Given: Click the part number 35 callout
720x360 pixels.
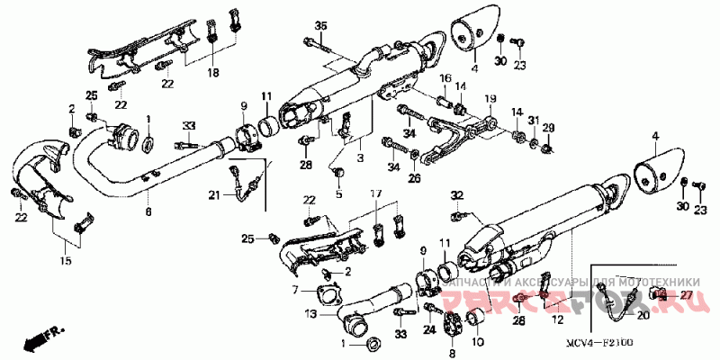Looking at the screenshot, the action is pyautogui.click(x=321, y=23).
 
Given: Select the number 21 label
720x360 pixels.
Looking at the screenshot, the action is pyautogui.click(x=214, y=195).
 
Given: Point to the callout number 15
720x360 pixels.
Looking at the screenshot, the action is pyautogui.click(x=66, y=261).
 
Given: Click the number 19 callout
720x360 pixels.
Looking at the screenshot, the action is pyautogui.click(x=491, y=98).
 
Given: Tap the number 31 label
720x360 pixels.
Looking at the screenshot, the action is pyautogui.click(x=534, y=121).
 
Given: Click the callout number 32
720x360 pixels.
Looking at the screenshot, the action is pyautogui.click(x=456, y=194).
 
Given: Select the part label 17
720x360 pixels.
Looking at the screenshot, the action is pyautogui.click(x=376, y=193).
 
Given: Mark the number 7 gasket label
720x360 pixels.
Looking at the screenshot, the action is pyautogui.click(x=294, y=290).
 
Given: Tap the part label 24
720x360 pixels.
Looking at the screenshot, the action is pyautogui.click(x=428, y=330).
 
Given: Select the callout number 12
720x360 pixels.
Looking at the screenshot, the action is pyautogui.click(x=557, y=319).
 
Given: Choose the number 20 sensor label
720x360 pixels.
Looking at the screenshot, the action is pyautogui.click(x=643, y=315).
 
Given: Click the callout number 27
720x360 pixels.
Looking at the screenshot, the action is pyautogui.click(x=686, y=294).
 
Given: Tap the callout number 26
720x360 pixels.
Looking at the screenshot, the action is pyautogui.click(x=415, y=178).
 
